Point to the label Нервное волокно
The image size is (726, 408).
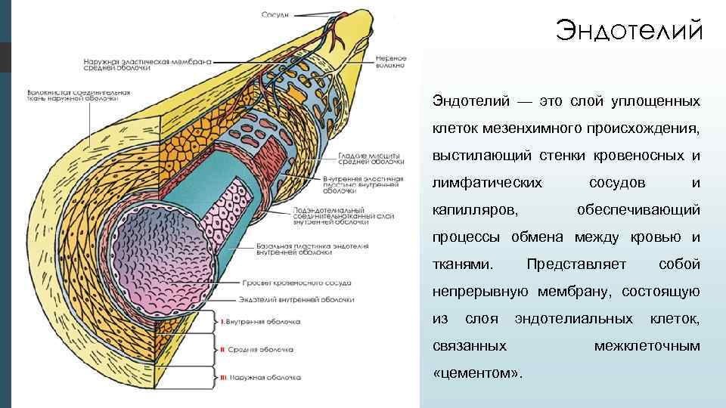pos(390,61)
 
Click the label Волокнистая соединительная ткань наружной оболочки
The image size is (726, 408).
pos(72,93)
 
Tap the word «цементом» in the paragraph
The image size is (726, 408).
pos(479,373)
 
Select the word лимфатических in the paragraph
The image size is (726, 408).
pos(487,183)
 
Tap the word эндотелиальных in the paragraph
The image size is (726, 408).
pos(574,319)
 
